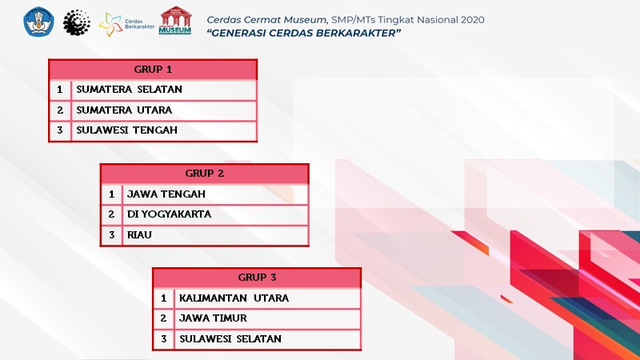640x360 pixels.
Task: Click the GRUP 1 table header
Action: [x=153, y=70]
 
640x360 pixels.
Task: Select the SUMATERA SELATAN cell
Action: [x=164, y=90]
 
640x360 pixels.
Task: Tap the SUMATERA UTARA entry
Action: [x=164, y=110]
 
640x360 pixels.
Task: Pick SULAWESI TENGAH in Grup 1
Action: [x=164, y=130]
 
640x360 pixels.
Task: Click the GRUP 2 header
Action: [x=205, y=174]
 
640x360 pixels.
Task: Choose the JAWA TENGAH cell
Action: [x=215, y=194]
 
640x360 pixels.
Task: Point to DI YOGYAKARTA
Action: [x=215, y=214]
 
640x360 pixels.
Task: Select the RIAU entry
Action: [x=215, y=235]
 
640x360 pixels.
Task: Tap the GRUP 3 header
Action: [x=257, y=278]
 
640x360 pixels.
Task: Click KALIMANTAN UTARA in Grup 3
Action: [x=267, y=298]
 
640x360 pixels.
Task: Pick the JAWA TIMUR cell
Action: [x=267, y=318]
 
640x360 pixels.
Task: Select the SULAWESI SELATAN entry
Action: [x=267, y=338]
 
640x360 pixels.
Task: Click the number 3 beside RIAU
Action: [x=111, y=235]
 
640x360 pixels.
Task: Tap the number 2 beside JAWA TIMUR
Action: [x=163, y=318]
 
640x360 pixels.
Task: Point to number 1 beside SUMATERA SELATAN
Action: [x=60, y=90]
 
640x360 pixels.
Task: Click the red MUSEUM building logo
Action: [x=175, y=21]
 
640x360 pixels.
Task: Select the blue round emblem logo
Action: [x=38, y=22]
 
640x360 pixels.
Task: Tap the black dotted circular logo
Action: [x=77, y=22]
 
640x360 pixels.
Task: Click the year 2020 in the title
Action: [x=473, y=19]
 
